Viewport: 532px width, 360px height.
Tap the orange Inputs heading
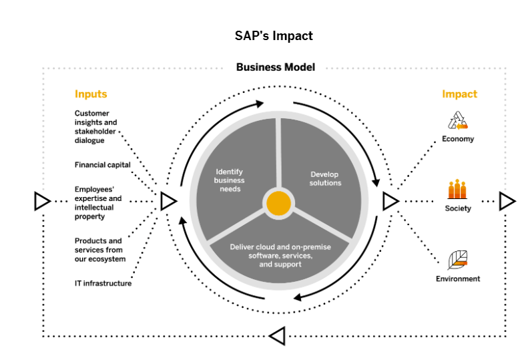(x=91, y=94)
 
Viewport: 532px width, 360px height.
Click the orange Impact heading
(x=459, y=94)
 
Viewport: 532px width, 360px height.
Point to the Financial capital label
(x=102, y=164)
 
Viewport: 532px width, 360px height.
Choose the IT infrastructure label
(x=103, y=283)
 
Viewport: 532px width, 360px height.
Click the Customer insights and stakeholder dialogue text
(x=95, y=127)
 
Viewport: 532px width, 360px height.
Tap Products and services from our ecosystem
(x=99, y=250)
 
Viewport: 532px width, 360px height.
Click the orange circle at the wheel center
(x=278, y=202)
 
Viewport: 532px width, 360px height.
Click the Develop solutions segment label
(x=325, y=178)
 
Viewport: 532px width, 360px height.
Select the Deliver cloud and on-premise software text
(x=280, y=255)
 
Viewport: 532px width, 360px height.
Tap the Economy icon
(x=458, y=120)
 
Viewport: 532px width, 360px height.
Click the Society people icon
(x=458, y=190)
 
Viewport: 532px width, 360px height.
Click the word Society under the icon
(x=458, y=208)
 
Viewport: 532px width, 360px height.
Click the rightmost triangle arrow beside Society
(x=507, y=200)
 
